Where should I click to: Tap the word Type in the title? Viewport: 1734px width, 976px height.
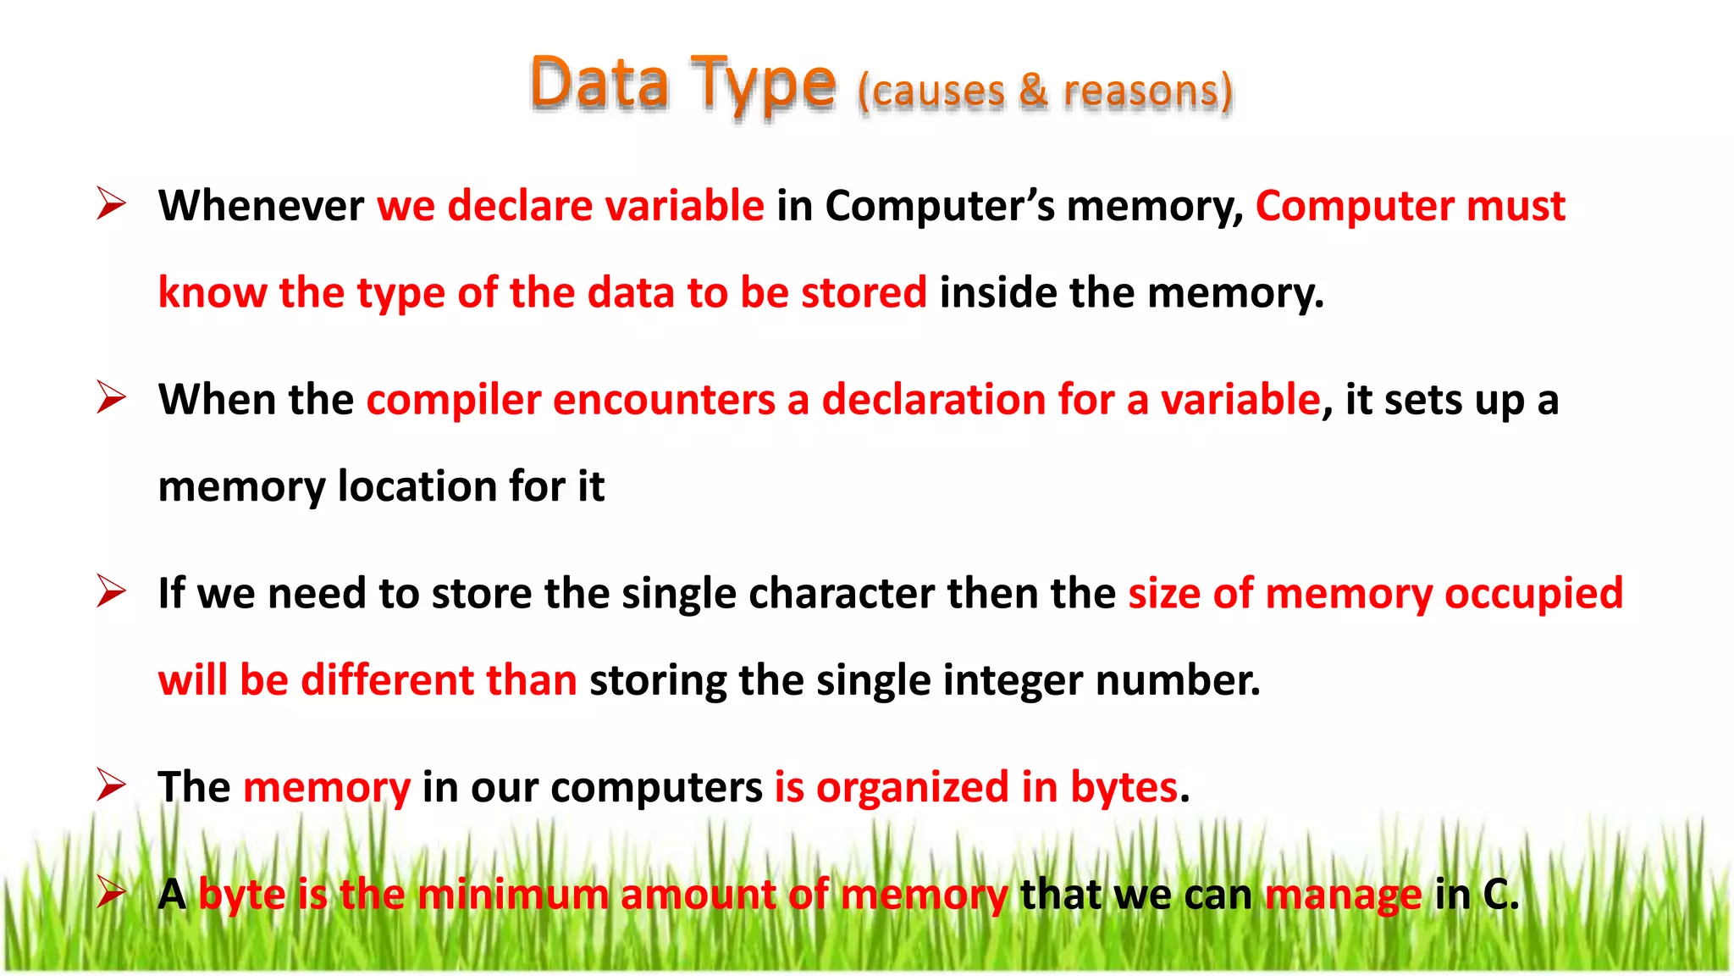coord(763,85)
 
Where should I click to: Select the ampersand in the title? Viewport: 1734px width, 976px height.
coord(1033,90)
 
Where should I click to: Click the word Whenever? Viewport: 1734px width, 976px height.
coord(261,206)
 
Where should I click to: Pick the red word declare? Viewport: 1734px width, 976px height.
coord(520,206)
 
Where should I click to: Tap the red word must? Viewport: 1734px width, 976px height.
coord(1516,206)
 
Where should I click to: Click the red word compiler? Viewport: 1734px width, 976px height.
coord(453,400)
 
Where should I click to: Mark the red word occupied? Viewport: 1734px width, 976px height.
coord(1533,593)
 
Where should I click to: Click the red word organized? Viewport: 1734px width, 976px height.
coord(912,787)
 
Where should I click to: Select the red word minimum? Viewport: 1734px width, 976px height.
coord(512,895)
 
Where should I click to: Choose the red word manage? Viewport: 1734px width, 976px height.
coord(1343,895)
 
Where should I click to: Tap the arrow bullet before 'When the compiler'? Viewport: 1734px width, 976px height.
coord(111,397)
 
